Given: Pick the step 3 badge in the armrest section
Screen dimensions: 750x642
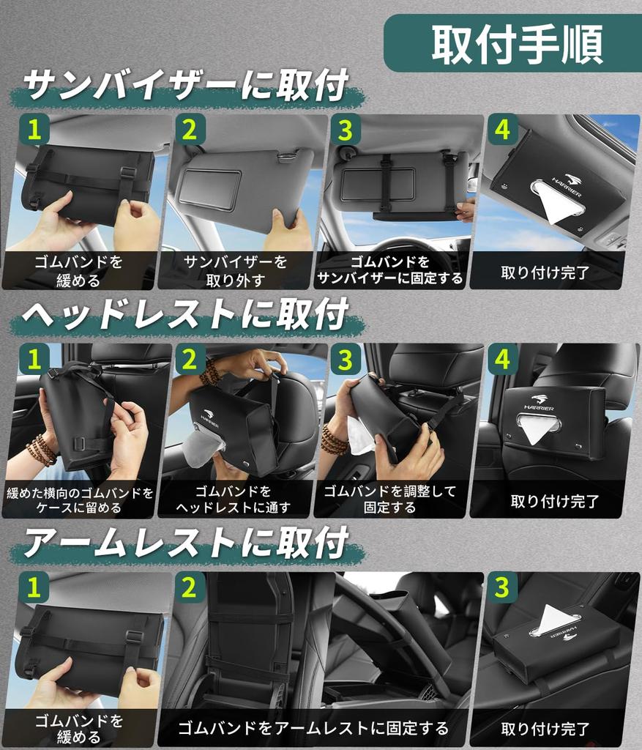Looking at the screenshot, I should click(x=502, y=587).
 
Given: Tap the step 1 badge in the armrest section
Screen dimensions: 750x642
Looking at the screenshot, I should click(x=34, y=587).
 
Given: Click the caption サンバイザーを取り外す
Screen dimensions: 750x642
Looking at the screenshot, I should click(x=235, y=270).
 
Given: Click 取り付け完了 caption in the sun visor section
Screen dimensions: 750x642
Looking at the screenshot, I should click(x=545, y=272).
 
